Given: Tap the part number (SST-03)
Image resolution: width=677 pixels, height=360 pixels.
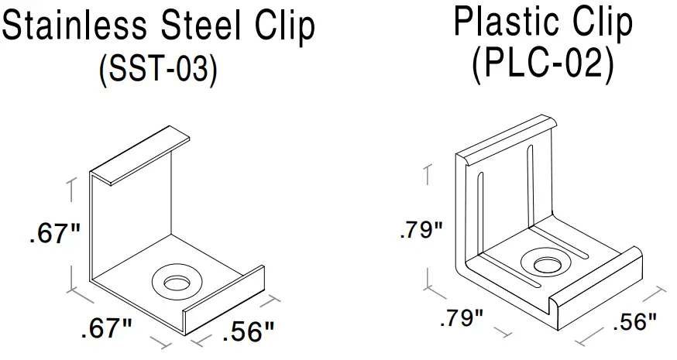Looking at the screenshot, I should [x=158, y=69].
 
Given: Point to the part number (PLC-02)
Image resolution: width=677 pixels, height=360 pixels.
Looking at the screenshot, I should [x=542, y=65].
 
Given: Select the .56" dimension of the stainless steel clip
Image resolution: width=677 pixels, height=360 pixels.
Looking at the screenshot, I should [x=248, y=333].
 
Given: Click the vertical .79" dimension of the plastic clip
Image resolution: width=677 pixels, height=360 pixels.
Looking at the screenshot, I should [x=421, y=230].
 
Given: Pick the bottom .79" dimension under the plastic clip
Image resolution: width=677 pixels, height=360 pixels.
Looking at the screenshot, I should [x=461, y=317].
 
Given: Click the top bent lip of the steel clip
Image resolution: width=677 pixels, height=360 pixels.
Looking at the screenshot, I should [x=143, y=155].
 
